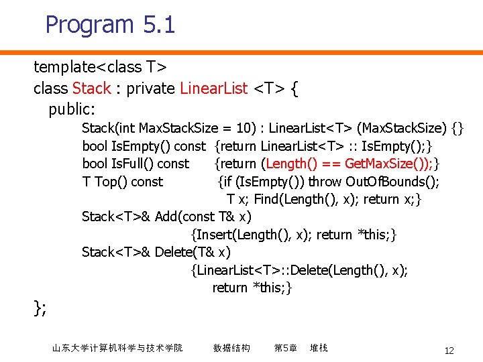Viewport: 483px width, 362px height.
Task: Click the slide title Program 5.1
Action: [x=110, y=25]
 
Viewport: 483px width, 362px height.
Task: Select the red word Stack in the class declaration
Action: [x=91, y=88]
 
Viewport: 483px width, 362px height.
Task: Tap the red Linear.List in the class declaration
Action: [x=214, y=88]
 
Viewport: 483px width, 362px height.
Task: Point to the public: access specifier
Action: [x=72, y=109]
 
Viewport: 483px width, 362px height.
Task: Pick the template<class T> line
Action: [x=100, y=67]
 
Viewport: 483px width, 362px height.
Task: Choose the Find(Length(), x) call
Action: [x=296, y=199]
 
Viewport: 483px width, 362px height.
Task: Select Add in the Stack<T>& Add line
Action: [x=166, y=217]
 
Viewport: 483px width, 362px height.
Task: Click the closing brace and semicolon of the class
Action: [x=40, y=308]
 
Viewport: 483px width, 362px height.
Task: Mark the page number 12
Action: [x=449, y=351]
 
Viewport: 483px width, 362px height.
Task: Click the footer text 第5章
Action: [x=285, y=348]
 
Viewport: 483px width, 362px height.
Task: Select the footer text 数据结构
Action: [x=231, y=348]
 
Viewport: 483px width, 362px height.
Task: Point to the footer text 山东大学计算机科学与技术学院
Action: [x=117, y=348]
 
